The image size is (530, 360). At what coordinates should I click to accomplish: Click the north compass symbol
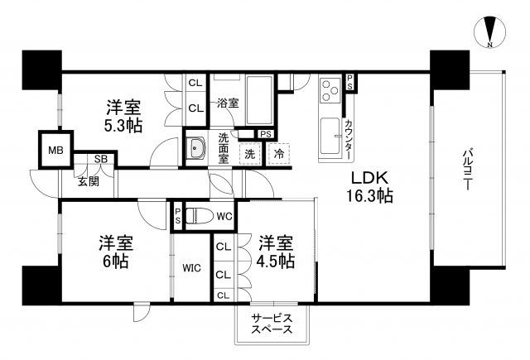coord(490,31)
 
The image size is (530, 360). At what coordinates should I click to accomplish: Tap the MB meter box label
coord(55,150)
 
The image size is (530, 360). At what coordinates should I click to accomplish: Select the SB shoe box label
coord(99,159)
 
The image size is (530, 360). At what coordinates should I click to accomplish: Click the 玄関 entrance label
coord(89,180)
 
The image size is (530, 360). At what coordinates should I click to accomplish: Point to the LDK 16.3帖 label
coord(369,188)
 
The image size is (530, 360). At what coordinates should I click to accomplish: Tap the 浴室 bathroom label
coord(228,104)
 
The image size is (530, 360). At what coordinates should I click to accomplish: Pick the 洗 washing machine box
coord(249,154)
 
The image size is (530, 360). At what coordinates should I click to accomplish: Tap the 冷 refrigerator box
coord(279,154)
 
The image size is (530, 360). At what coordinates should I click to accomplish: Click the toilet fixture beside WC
coord(195,216)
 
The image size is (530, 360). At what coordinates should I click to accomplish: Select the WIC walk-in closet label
coord(191,268)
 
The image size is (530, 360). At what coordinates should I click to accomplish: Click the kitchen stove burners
coord(329,89)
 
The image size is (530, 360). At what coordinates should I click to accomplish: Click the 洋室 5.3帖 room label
coord(123,116)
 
